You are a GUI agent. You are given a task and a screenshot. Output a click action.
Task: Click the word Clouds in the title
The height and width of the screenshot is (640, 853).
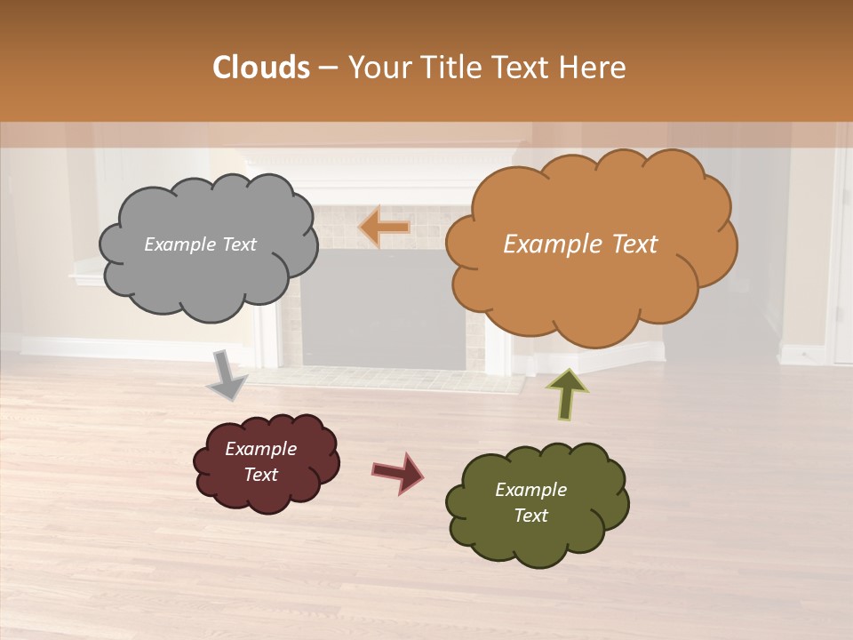260,68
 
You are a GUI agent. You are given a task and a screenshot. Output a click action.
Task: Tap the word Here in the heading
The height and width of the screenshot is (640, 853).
595,68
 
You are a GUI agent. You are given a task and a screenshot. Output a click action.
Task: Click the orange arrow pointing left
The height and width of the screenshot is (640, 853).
384,228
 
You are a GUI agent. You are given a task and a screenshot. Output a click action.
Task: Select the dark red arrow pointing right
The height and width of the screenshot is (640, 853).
397,472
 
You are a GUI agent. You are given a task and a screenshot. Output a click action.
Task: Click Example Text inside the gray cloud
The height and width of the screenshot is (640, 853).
200,244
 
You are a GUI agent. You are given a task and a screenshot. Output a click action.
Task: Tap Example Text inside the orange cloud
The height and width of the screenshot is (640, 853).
580,244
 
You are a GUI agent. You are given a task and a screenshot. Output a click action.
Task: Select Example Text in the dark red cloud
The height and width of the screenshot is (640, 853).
260,461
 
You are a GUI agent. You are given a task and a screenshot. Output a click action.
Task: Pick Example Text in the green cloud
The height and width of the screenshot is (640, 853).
530,502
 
